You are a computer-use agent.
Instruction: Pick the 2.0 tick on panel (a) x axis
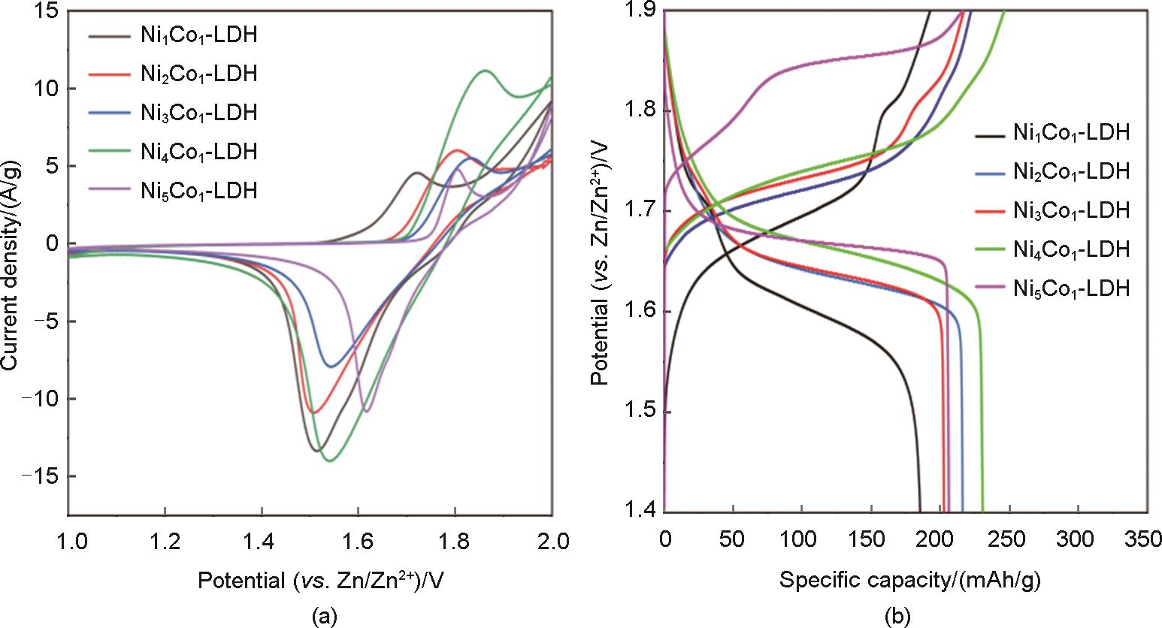[552, 540]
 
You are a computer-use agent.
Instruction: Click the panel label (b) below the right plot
[899, 617]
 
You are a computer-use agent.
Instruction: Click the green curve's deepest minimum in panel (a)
[329, 460]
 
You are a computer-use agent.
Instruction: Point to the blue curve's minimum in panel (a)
[331, 366]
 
